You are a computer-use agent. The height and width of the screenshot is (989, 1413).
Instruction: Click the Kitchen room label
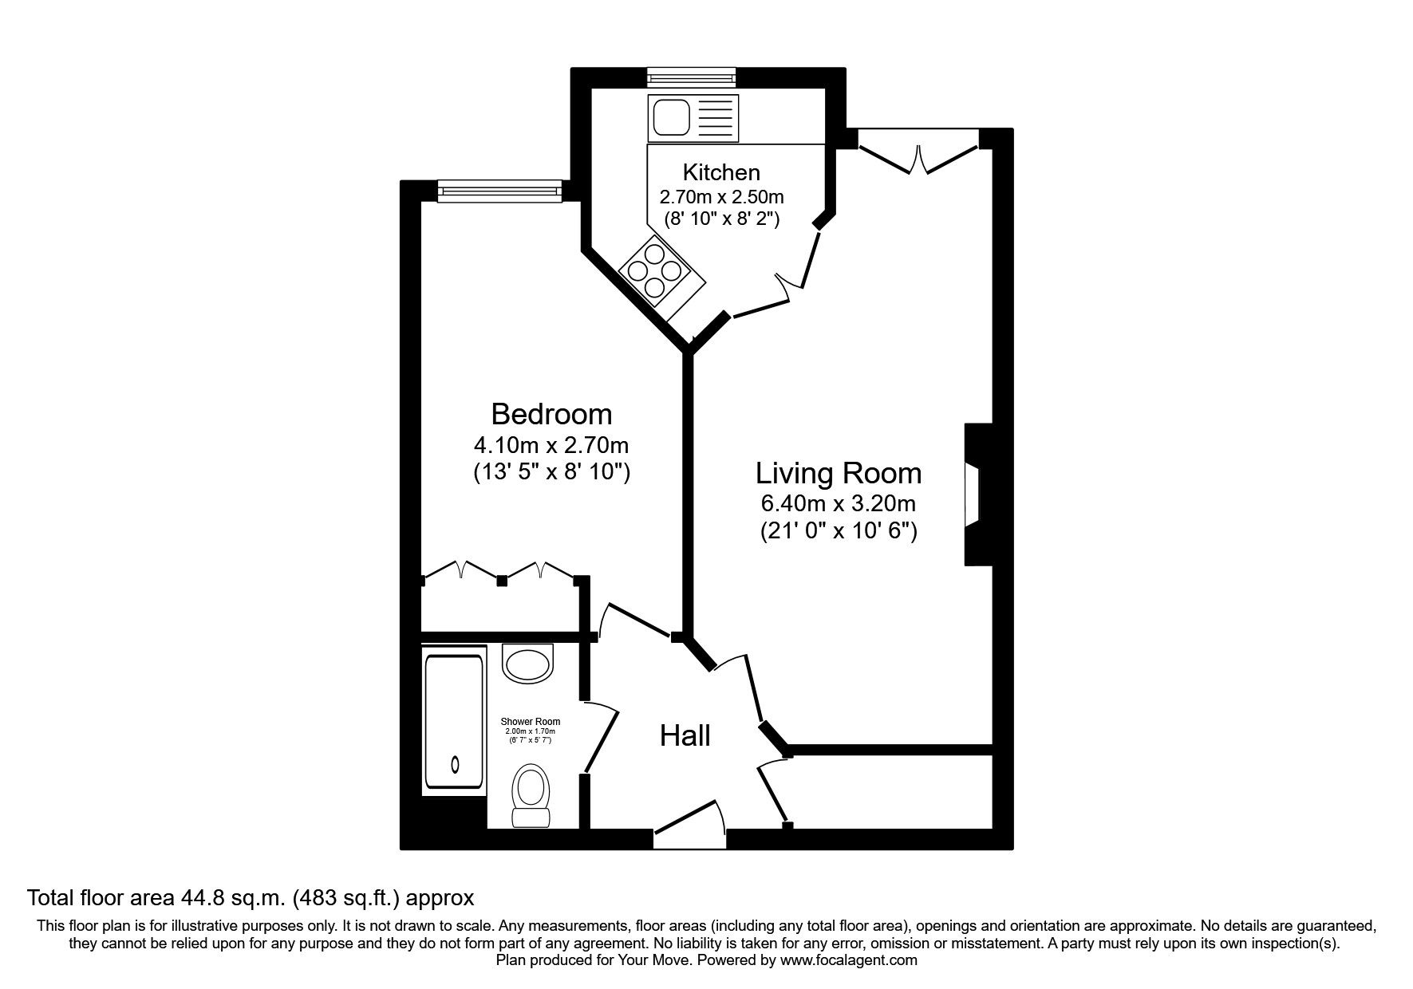coord(720,172)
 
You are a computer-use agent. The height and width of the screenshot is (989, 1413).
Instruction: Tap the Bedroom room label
coord(551,414)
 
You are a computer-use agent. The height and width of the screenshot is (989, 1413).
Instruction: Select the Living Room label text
coord(838,473)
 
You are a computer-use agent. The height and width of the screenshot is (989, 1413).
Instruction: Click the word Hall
coord(685,735)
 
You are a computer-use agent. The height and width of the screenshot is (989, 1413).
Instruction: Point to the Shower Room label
coord(531,722)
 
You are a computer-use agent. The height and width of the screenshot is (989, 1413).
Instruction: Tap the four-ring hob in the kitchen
coord(654,271)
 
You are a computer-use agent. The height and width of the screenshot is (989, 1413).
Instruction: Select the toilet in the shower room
coord(531,794)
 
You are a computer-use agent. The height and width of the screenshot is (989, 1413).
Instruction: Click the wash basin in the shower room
coord(528,664)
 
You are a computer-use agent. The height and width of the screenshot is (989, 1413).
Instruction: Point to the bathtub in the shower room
coord(454,722)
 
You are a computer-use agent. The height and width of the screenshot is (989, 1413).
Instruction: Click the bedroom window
coord(499,190)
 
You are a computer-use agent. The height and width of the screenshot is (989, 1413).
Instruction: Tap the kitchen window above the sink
coord(690,77)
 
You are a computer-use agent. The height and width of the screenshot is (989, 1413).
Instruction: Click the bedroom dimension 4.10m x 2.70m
coord(551,444)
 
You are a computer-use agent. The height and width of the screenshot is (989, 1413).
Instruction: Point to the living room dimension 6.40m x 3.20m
coord(838,503)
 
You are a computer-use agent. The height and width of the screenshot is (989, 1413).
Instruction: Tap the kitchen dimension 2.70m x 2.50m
coord(720,196)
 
